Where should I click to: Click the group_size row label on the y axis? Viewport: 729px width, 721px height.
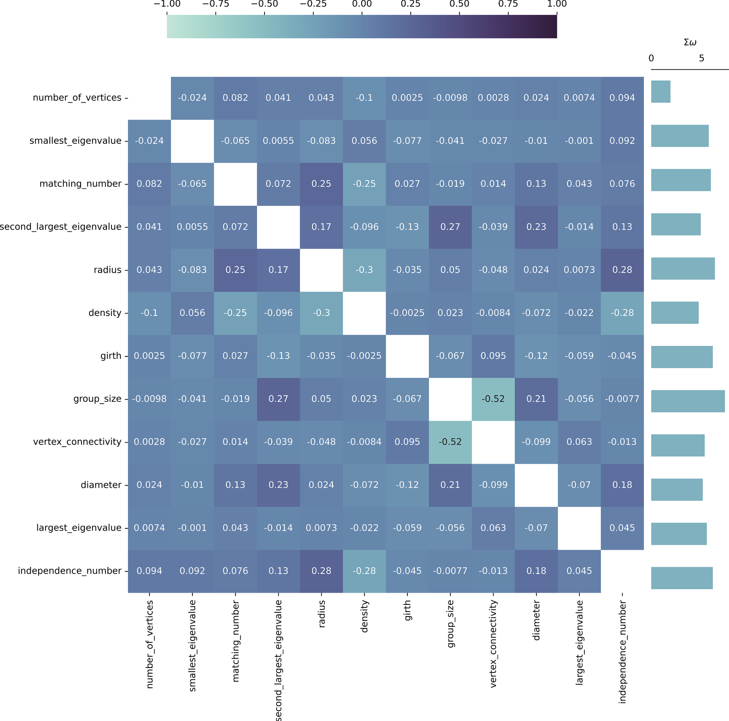click(x=97, y=399)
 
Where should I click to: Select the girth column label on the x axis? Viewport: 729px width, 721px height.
click(x=407, y=610)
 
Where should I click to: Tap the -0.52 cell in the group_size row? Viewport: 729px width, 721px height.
click(x=493, y=399)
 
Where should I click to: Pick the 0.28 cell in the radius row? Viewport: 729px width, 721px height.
click(x=622, y=270)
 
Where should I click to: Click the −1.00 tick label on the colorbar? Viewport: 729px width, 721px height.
click(x=167, y=4)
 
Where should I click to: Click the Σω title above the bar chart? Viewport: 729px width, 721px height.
click(x=690, y=43)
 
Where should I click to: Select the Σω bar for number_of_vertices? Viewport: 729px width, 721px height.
click(x=661, y=92)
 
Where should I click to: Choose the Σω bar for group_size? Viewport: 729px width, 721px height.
click(x=688, y=401)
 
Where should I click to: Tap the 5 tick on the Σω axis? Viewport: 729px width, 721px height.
click(x=701, y=59)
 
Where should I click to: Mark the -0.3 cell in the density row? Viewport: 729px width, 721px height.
click(x=321, y=313)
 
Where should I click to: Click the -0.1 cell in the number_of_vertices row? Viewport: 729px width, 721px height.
click(x=364, y=98)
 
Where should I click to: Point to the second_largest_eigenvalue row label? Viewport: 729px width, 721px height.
click(x=61, y=227)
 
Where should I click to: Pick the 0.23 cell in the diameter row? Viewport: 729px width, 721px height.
click(x=278, y=485)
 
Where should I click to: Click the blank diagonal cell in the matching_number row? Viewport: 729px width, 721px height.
click(x=235, y=184)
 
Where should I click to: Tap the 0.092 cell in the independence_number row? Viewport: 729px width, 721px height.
click(x=192, y=571)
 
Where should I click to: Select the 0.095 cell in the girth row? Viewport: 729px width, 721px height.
click(x=493, y=356)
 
